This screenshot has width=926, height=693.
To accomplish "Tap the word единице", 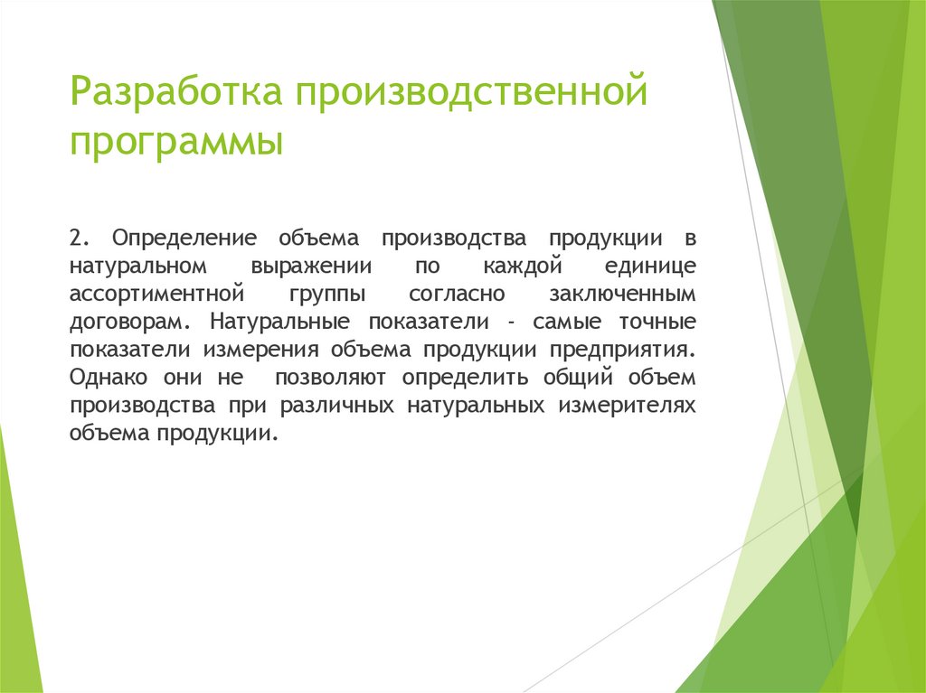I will tap(649, 267).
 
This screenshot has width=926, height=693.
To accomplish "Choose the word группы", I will tap(327, 295).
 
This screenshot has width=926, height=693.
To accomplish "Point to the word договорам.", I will tap(130, 322).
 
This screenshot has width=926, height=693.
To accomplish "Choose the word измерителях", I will tap(627, 405).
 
